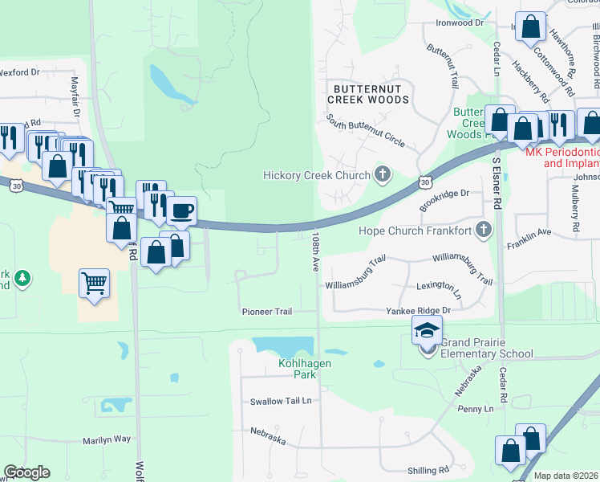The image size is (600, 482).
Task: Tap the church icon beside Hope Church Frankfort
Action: coord(483,231)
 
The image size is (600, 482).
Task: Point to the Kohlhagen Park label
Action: coord(282,369)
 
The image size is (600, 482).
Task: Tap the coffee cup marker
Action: coord(181,211)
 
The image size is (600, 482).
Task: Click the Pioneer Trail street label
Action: coord(267,312)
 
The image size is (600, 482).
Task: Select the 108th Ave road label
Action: coord(317,251)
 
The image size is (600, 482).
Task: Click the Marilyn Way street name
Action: coord(106,439)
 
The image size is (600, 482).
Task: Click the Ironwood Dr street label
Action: coord(459,23)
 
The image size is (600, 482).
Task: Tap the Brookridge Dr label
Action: coord(444,194)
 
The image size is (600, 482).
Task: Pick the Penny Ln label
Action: coord(476,409)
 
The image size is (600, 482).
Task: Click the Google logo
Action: coord(26,472)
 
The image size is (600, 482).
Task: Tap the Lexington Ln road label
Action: coord(439,286)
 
